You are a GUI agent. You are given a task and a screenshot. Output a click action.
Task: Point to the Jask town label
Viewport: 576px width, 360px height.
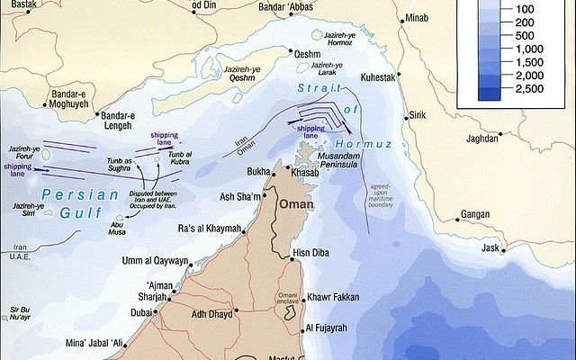pos(490,247)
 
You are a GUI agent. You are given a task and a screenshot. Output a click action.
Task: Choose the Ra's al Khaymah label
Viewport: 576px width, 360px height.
pos(210,229)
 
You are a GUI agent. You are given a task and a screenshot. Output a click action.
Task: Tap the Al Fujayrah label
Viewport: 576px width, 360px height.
pos(334,329)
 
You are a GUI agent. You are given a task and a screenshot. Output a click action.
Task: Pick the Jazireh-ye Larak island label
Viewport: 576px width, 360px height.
pos(326,69)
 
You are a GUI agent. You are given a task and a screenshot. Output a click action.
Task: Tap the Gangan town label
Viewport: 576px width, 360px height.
pos(474,214)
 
